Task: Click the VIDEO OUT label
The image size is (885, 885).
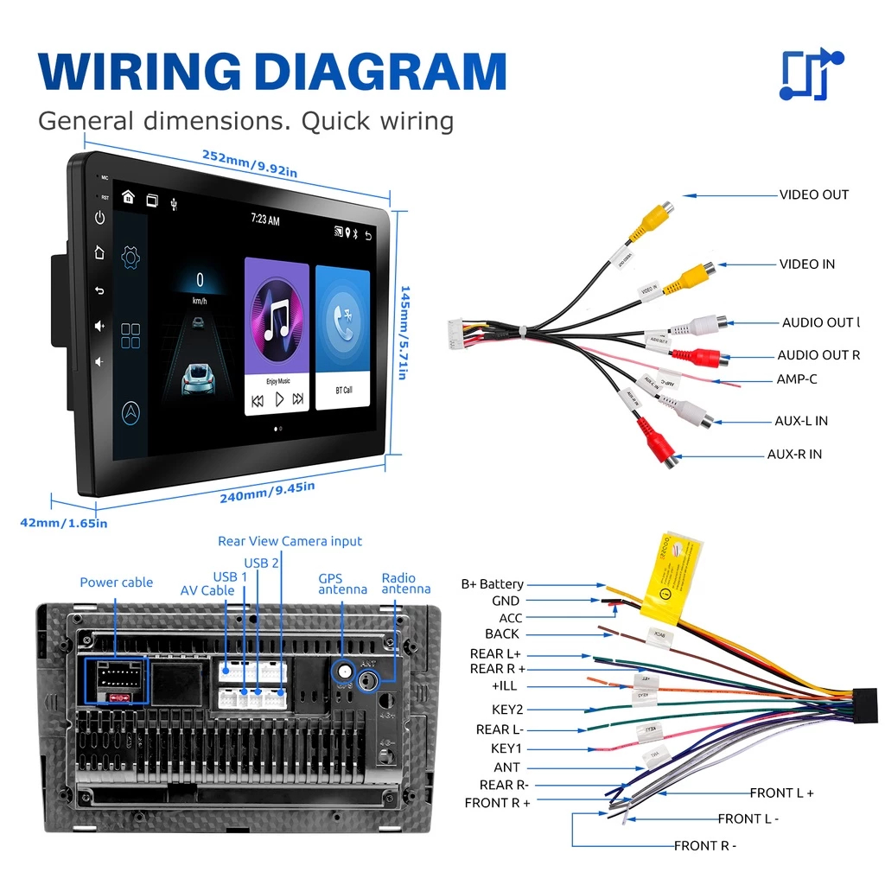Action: click(813, 194)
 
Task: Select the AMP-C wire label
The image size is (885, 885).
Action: click(796, 379)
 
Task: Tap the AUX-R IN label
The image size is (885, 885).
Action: click(794, 454)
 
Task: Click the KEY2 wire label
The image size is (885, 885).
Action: click(506, 710)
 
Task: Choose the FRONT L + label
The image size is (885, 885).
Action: click(781, 793)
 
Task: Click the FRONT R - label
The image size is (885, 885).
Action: click(705, 845)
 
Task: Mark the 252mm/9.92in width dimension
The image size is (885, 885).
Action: click(250, 163)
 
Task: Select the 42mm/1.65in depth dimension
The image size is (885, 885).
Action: click(64, 522)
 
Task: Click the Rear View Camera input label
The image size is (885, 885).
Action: click(290, 541)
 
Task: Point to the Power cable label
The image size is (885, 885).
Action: click(116, 583)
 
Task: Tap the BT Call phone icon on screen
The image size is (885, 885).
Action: click(343, 321)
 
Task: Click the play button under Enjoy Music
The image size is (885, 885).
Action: click(278, 399)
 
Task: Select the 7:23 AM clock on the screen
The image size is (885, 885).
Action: click(265, 220)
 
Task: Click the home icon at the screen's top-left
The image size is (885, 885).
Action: click(128, 197)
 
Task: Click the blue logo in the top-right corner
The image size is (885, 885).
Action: click(811, 74)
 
